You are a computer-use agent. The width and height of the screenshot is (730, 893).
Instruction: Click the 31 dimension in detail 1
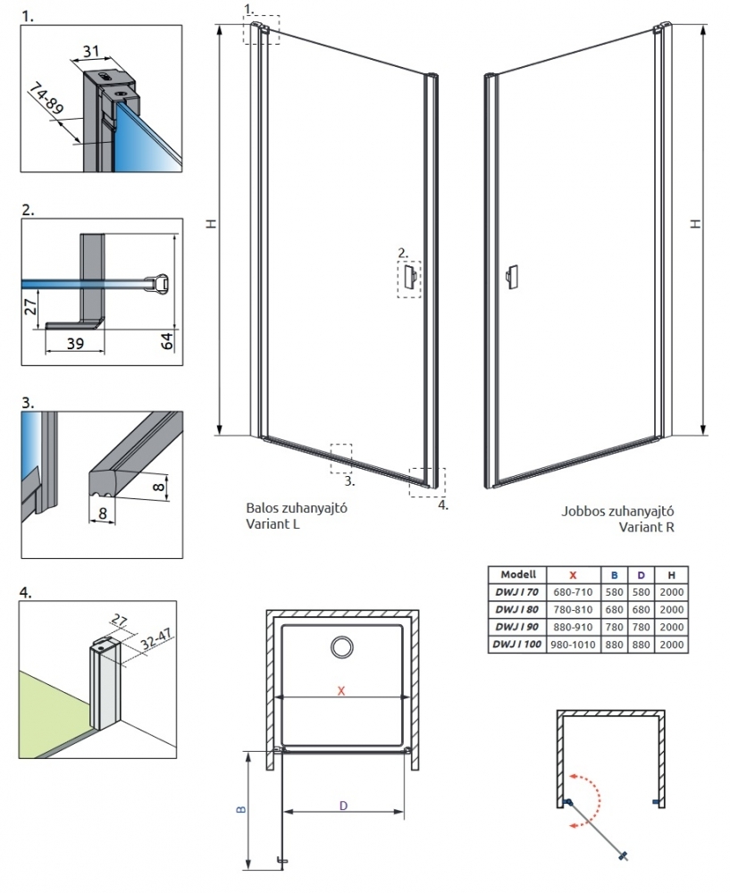click(x=90, y=52)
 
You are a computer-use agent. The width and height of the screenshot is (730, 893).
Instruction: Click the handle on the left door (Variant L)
click(x=408, y=277)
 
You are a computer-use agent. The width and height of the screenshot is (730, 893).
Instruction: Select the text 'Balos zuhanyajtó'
click(x=296, y=508)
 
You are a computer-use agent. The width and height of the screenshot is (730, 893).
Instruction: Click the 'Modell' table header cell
click(x=517, y=575)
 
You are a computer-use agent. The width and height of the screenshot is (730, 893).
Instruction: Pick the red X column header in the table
click(x=572, y=575)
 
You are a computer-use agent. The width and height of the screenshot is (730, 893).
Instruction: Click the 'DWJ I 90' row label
click(x=517, y=628)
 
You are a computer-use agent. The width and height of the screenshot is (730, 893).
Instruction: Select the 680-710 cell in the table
click(x=572, y=592)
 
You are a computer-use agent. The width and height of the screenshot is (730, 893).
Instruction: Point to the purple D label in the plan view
click(x=343, y=805)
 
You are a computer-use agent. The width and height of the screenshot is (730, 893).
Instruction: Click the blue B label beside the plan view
click(x=239, y=810)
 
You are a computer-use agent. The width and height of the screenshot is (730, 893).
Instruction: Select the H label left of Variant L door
click(x=212, y=223)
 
